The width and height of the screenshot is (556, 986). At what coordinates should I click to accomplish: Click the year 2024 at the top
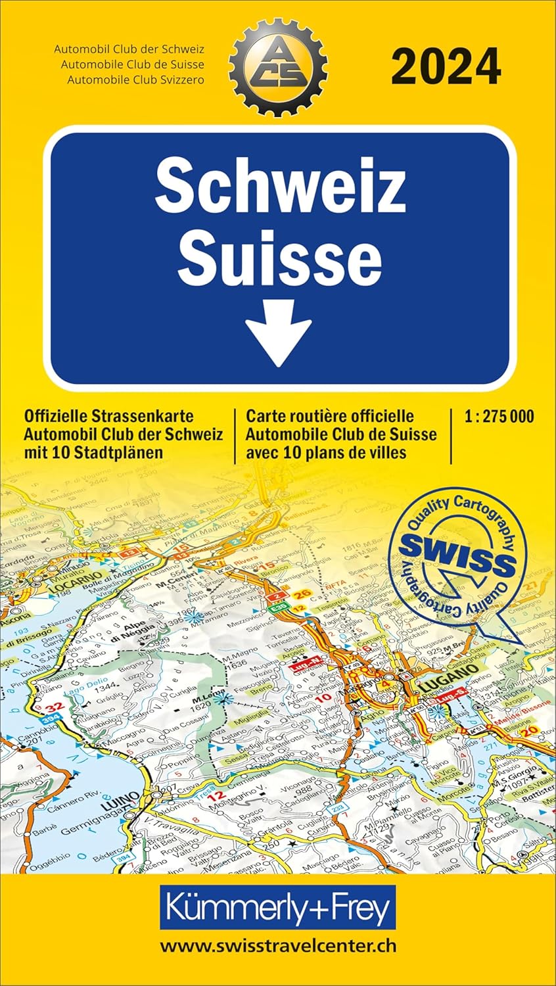pos(446,66)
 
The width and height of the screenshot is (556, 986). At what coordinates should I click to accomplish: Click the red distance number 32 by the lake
pos(57,706)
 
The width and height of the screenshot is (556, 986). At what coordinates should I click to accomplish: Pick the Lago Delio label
pos(80,683)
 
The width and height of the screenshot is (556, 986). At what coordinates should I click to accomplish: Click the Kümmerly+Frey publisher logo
pos(278,908)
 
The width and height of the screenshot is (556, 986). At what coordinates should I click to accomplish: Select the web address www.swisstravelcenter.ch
pos(278,945)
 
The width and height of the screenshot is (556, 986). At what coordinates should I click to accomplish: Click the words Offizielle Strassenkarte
pos(108,416)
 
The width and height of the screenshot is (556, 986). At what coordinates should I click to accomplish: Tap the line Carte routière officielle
pos(330,416)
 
